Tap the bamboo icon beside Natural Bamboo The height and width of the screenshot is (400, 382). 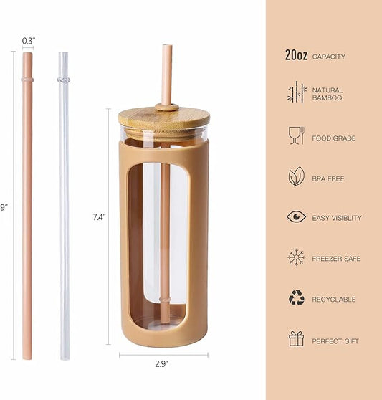[296, 92]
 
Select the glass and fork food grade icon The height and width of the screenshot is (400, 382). [296, 136]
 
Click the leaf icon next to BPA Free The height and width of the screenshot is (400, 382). [296, 176]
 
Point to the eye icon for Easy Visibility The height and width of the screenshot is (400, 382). [296, 217]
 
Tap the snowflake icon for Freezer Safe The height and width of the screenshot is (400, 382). [296, 257]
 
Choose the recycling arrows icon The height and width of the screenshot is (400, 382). [296, 298]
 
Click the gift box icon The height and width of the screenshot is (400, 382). [296, 339]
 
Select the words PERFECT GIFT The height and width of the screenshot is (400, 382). [335, 341]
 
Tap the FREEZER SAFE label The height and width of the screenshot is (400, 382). [336, 259]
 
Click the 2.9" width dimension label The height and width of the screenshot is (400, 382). [163, 364]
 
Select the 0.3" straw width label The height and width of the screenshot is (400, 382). [28, 40]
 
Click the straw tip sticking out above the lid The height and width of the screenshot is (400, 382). [166, 72]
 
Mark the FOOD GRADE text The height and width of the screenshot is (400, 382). [333, 138]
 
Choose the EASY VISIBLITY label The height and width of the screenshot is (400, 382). [337, 218]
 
